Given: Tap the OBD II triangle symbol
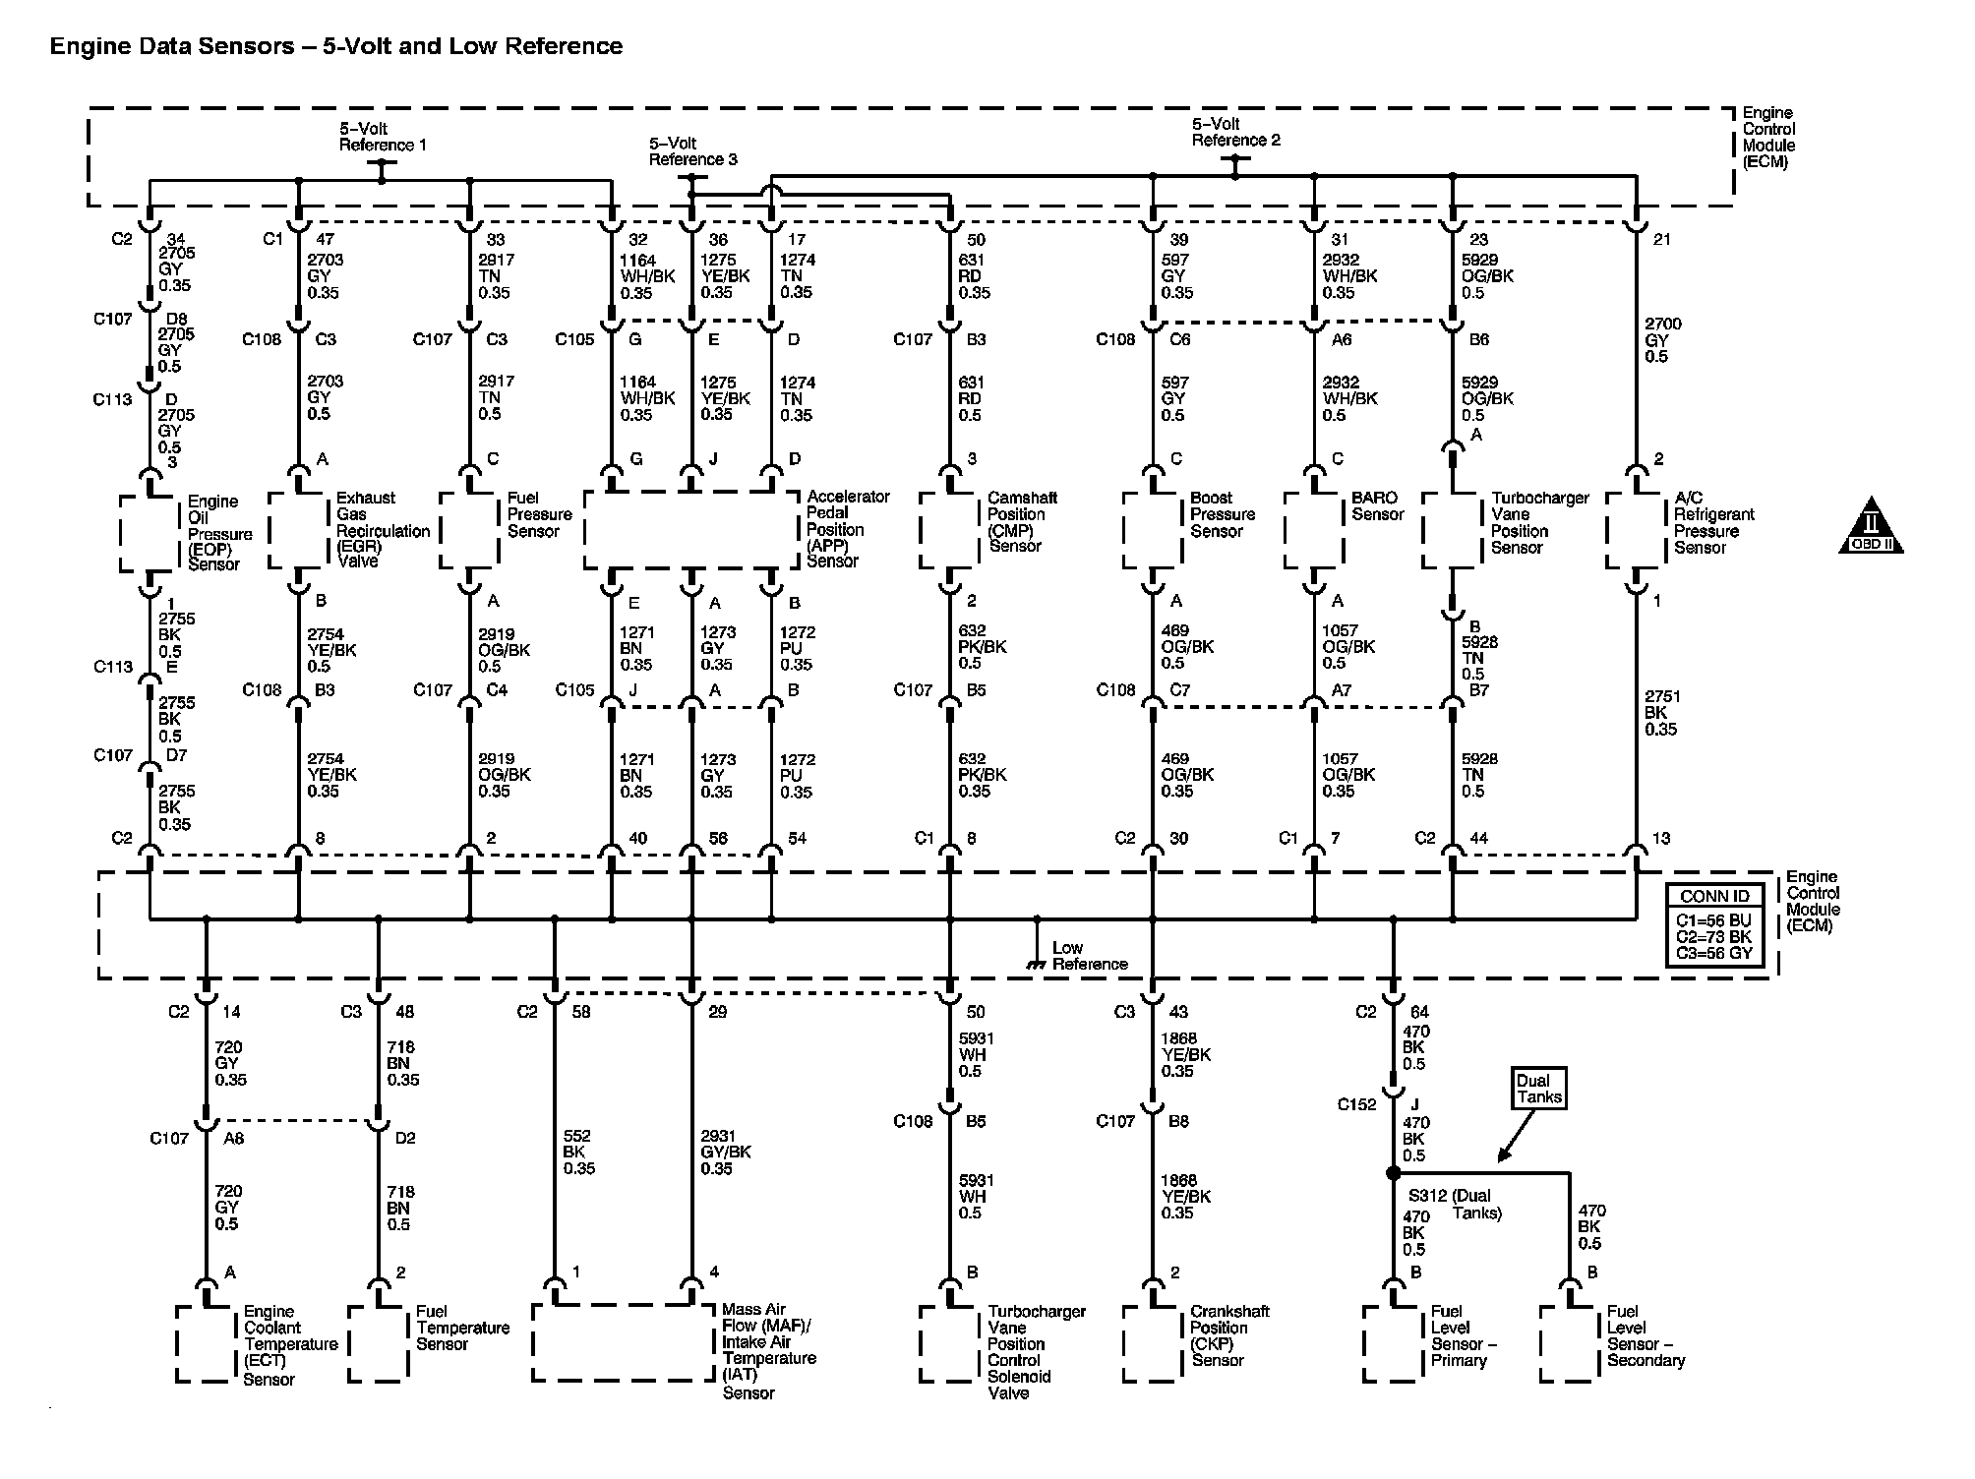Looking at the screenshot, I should [x=1871, y=526].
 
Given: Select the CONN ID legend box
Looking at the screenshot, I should [x=1714, y=924].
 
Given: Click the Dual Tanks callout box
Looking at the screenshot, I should [x=1539, y=1089].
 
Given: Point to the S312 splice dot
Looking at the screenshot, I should [x=1393, y=1173].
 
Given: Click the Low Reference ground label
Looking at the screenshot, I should [x=1089, y=956].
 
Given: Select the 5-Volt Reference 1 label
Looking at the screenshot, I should [x=383, y=137].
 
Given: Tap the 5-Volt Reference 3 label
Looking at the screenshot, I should [x=692, y=151].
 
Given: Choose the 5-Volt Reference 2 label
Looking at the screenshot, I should [x=1235, y=132].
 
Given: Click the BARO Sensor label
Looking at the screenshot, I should [x=1377, y=506].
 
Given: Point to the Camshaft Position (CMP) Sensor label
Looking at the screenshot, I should [x=1022, y=522].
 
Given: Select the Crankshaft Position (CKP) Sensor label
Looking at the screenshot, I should [x=1228, y=1335].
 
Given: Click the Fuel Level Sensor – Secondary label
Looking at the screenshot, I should [x=1646, y=1335].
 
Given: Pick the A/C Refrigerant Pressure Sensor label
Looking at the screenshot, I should [x=1713, y=522].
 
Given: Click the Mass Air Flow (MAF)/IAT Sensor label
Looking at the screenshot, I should [x=768, y=1350].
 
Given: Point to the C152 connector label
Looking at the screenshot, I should [x=1356, y=1104].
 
